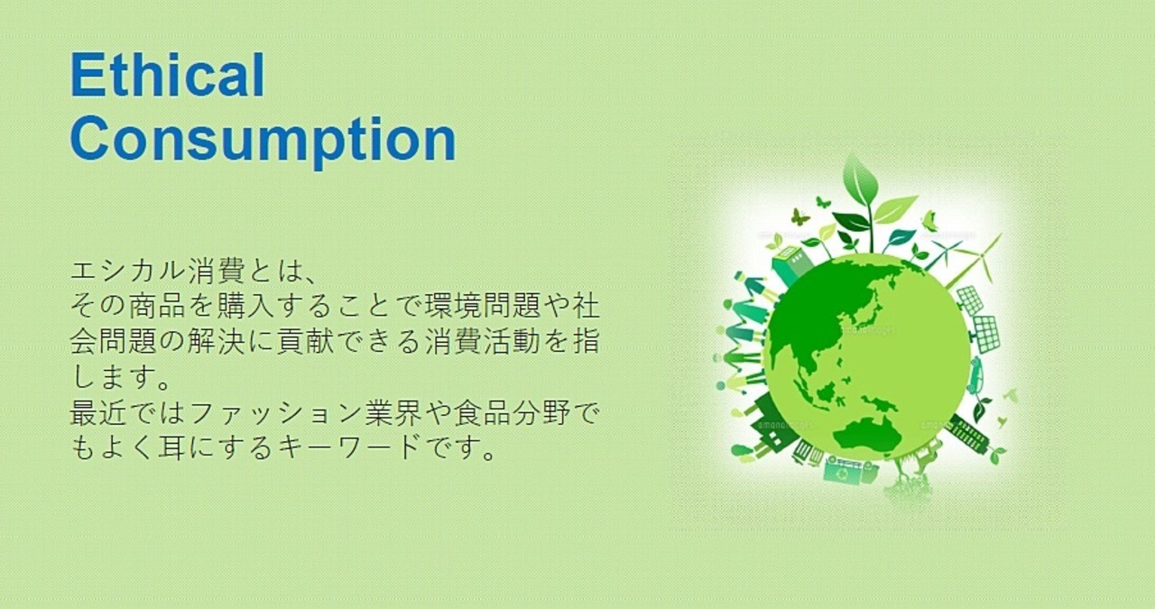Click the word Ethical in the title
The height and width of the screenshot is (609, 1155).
tap(168, 75)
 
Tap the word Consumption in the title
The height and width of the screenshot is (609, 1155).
tap(263, 140)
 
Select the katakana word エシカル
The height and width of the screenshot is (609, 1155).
tap(128, 272)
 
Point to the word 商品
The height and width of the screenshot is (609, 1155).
tap(157, 306)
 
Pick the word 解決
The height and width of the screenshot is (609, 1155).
tap(216, 341)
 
